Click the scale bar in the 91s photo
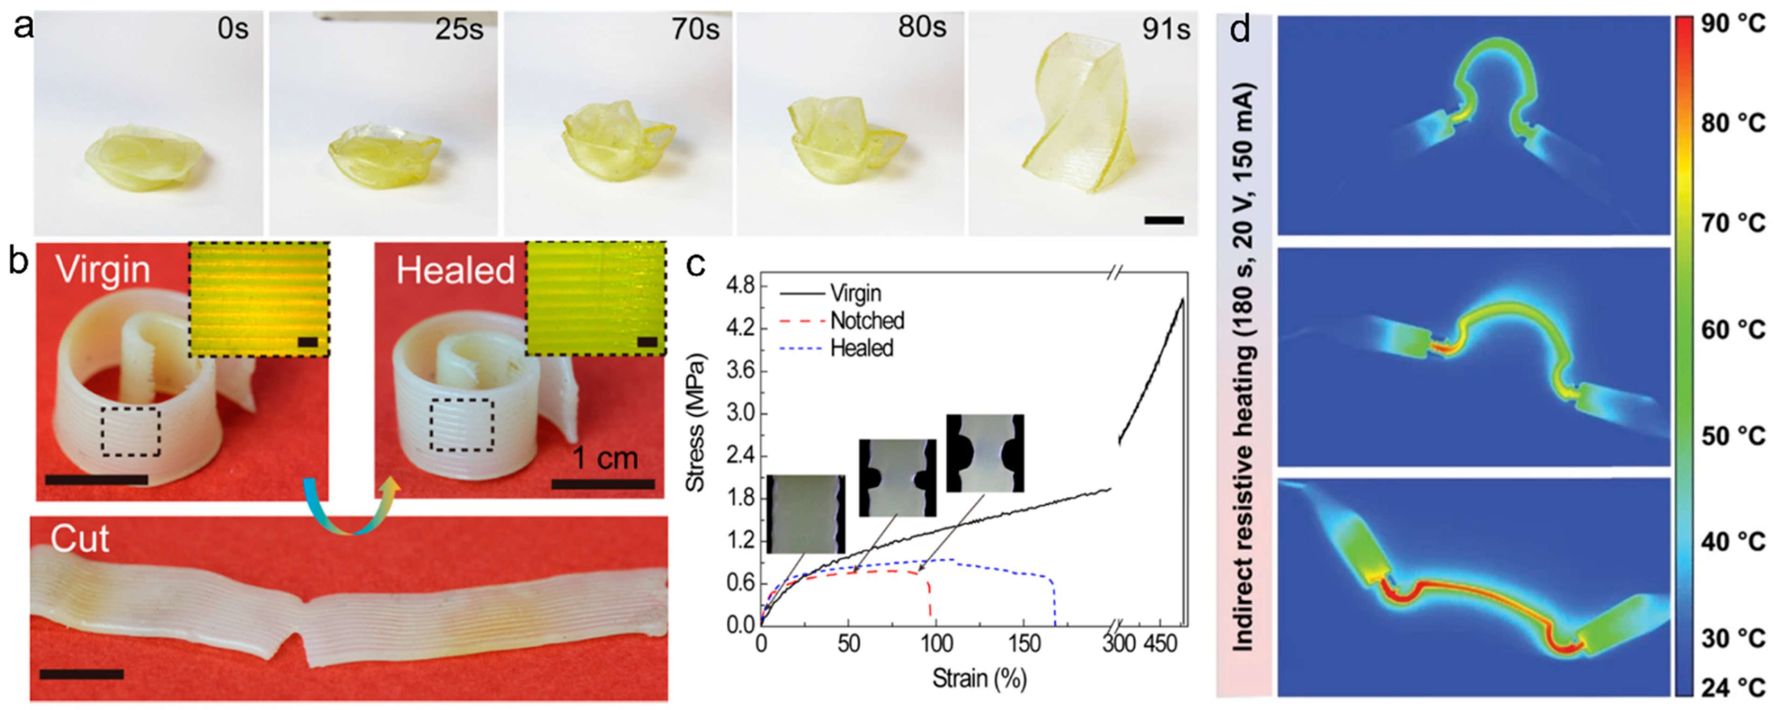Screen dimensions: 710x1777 pyautogui.click(x=1164, y=221)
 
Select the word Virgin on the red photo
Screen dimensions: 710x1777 pyautogui.click(x=104, y=269)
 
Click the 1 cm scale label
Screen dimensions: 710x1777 pyautogui.click(x=606, y=458)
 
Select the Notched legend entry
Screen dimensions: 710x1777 pyautogui.click(x=866, y=321)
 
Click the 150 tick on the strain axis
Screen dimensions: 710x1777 pyautogui.click(x=1024, y=645)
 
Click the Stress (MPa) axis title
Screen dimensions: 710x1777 pyautogui.click(x=695, y=422)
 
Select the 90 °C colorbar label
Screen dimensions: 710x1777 pyautogui.click(x=1736, y=24)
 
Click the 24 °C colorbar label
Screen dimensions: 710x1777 pyautogui.click(x=1736, y=687)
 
